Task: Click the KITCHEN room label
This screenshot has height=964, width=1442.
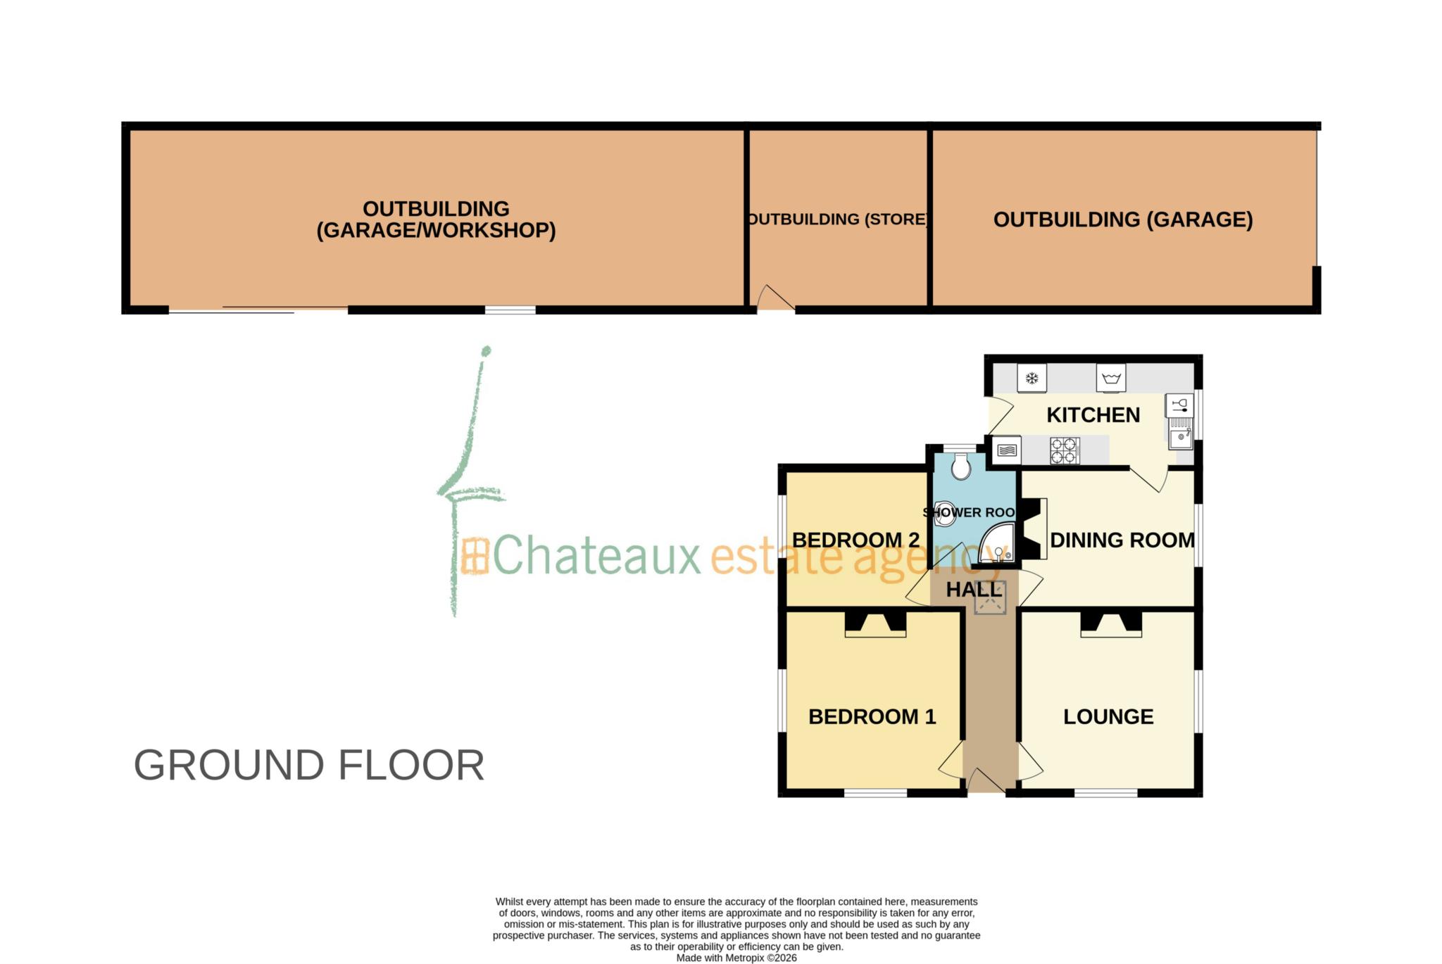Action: [x=1093, y=415]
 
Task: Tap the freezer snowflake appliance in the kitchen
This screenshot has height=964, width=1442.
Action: [x=1032, y=379]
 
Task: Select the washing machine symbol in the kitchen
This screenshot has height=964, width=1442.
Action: [x=1111, y=379]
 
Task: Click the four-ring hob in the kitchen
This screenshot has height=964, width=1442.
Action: [x=1064, y=451]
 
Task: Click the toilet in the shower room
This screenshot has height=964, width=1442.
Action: [x=960, y=466]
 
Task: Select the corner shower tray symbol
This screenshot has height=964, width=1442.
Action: [x=998, y=545]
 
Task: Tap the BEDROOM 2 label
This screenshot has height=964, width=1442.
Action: [x=855, y=540]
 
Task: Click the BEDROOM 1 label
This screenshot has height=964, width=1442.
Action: [x=872, y=716]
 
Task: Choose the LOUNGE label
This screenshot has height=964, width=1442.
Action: [x=1108, y=716]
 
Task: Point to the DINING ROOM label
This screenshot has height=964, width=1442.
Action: [x=1122, y=540]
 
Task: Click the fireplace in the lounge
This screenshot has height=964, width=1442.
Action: [x=1111, y=624]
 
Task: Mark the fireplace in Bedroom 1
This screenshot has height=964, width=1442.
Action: [x=875, y=624]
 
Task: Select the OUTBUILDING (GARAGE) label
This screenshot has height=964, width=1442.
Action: [x=1122, y=220]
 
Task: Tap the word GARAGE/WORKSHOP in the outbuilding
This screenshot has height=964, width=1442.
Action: [x=436, y=231]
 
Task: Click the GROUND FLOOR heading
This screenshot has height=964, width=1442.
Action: [x=309, y=765]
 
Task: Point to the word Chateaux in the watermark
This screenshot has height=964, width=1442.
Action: [x=597, y=555]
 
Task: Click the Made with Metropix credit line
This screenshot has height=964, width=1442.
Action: [x=736, y=958]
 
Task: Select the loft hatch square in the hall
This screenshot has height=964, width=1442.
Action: [x=990, y=600]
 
